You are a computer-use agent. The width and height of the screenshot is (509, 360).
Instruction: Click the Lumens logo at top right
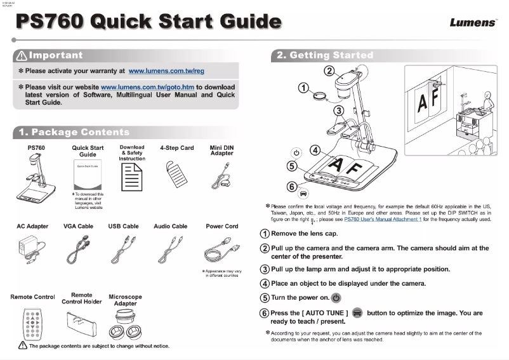[x=473, y=23]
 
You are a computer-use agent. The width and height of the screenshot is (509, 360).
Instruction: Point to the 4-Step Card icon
[x=176, y=173]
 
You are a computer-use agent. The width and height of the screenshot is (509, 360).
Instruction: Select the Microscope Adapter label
[x=125, y=300]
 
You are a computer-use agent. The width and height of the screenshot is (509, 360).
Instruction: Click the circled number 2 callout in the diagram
[x=329, y=70]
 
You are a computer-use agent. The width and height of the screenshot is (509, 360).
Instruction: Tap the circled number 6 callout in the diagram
[x=291, y=187]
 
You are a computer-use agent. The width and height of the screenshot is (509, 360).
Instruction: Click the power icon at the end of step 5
[x=336, y=297]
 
